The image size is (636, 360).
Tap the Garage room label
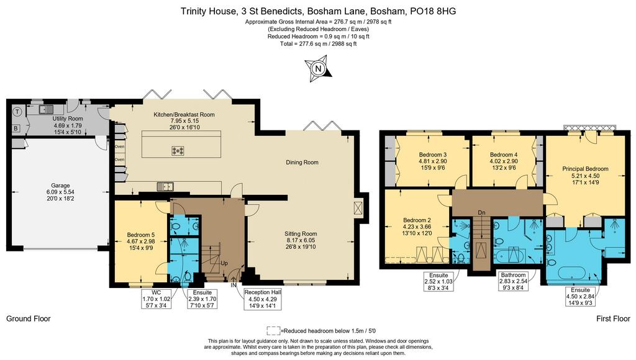pos(60,192)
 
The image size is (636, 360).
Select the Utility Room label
pos(68,125)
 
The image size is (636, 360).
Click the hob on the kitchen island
pos(178,151)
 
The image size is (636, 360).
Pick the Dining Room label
pos(302,163)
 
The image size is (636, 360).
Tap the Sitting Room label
pos(301,240)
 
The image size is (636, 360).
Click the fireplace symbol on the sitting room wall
pos(357,209)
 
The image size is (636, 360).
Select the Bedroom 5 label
pos(141,241)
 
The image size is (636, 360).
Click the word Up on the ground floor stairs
pos(224,264)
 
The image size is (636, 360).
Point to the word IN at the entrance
pos(234,286)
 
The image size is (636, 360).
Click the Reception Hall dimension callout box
pos(263,299)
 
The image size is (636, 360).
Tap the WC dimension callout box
pos(157,299)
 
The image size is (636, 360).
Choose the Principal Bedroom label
pos(585,176)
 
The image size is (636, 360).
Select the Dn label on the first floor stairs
pos(481,213)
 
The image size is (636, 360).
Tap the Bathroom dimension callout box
pos(513,281)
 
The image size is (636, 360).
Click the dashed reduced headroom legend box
pos(273,331)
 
